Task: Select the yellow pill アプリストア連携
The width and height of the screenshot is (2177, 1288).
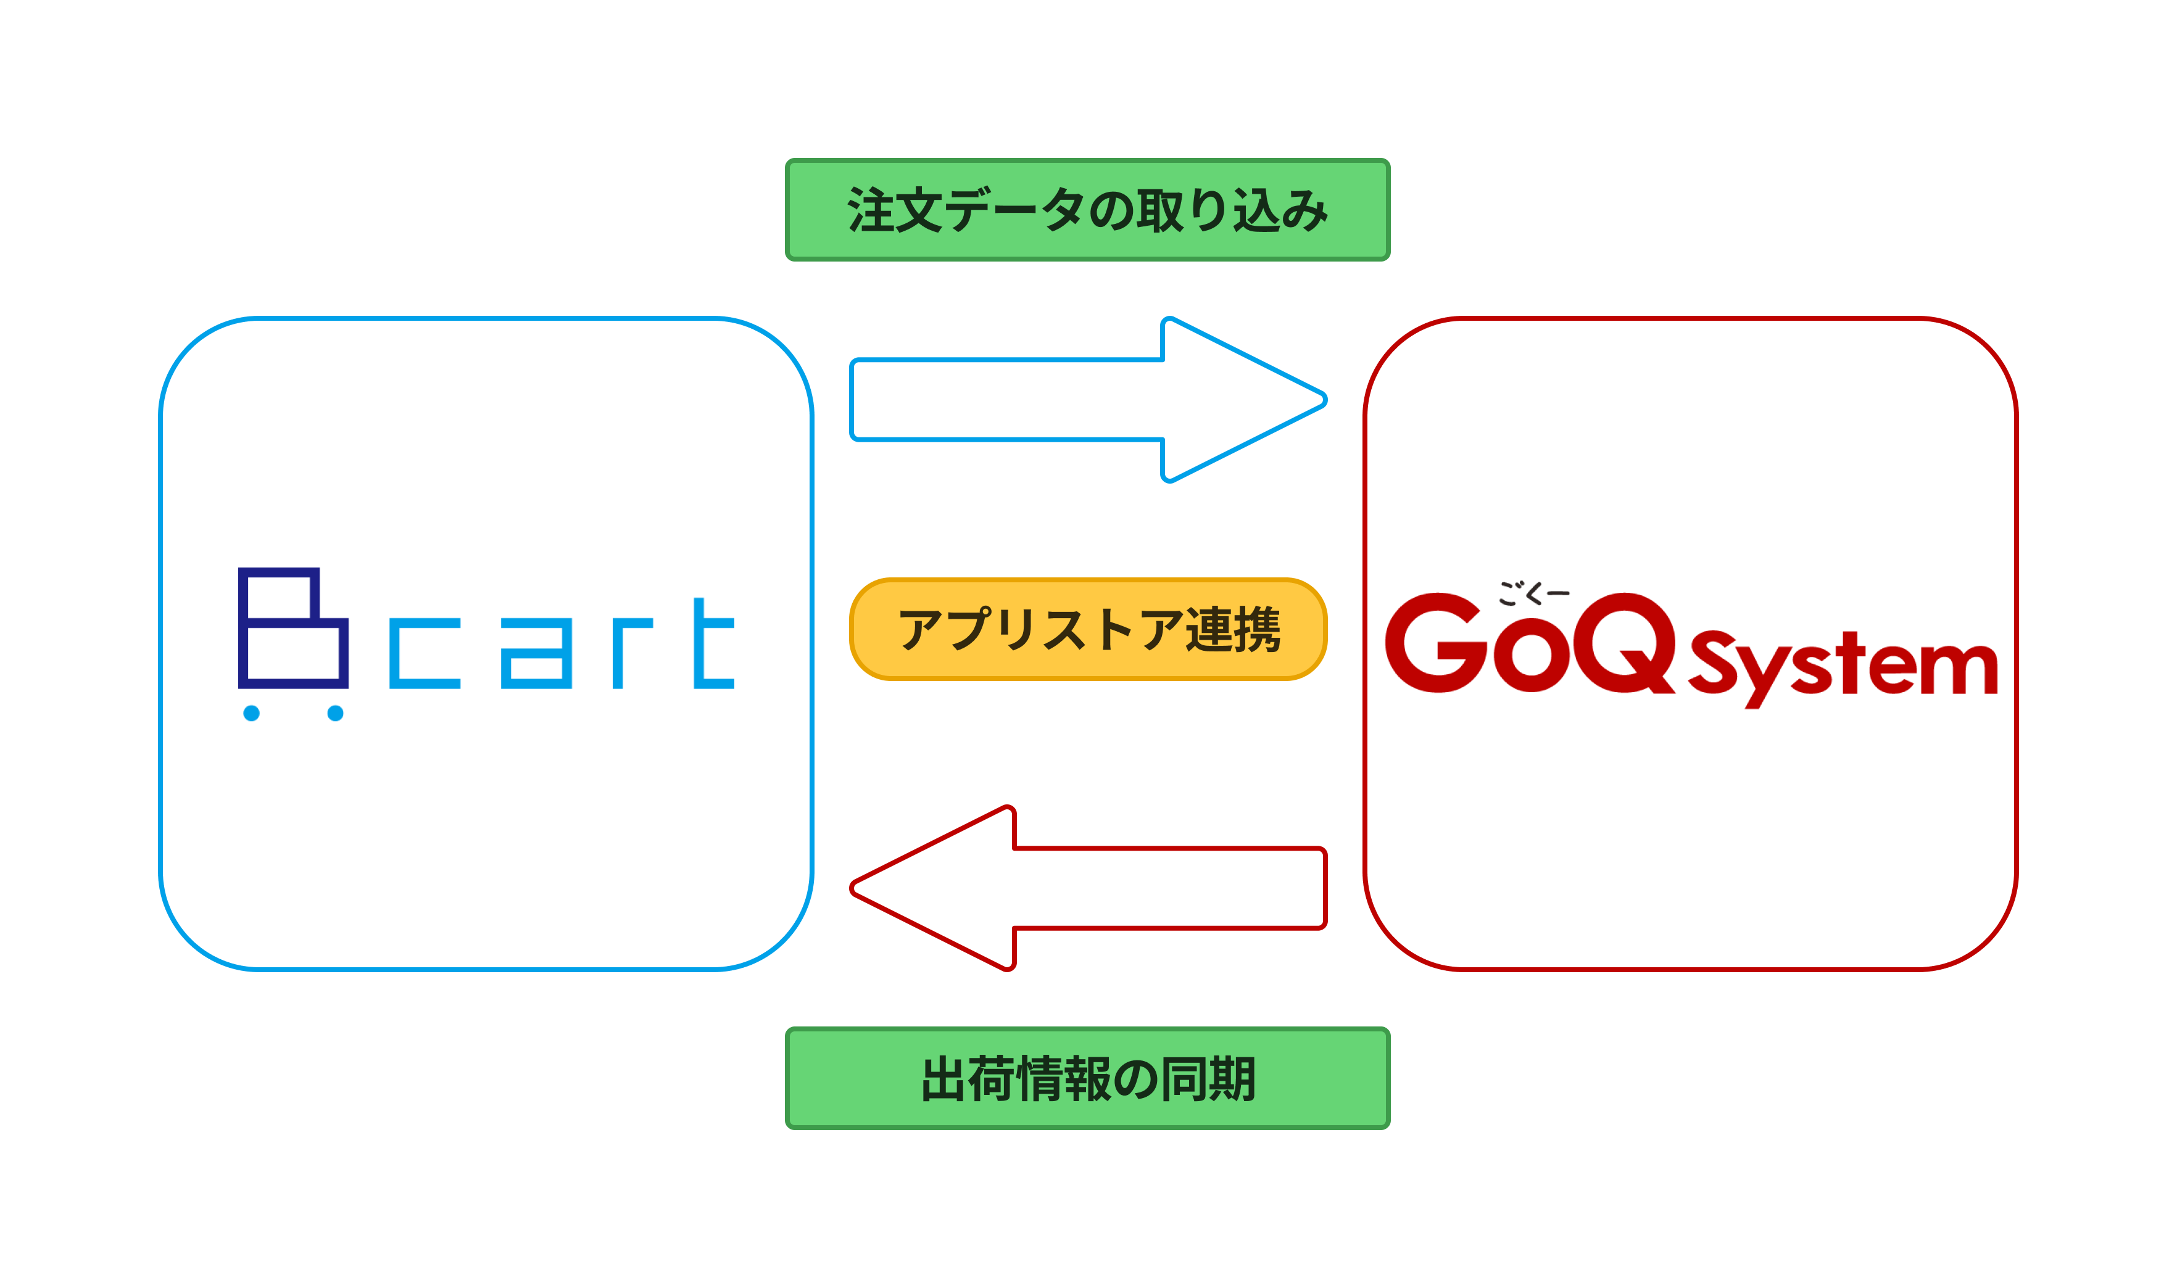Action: click(1088, 629)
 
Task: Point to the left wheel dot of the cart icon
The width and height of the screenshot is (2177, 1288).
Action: click(252, 714)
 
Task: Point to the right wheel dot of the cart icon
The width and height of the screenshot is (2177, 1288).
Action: click(335, 714)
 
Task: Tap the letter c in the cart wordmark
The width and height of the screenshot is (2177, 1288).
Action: click(425, 653)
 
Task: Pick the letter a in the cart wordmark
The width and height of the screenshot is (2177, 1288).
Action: click(536, 653)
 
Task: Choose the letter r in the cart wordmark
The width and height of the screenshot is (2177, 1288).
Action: click(632, 653)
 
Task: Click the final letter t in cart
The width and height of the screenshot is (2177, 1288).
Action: click(713, 643)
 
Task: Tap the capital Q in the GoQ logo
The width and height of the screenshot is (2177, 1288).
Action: click(1624, 643)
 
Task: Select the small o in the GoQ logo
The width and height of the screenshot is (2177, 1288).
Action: click(1531, 654)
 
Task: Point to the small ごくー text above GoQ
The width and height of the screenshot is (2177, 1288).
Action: click(1534, 593)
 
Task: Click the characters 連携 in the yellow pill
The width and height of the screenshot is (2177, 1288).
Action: click(1233, 629)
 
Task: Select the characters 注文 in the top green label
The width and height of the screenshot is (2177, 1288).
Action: click(894, 209)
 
